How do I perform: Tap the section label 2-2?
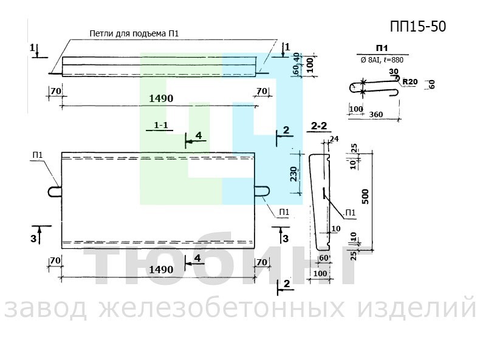pos(319,126)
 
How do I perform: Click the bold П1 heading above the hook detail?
pos(382,48)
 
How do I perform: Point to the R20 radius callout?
pos(410,82)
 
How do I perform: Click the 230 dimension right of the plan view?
pos(293,175)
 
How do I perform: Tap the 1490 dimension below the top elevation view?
pos(160,98)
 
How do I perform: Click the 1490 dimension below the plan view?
pos(160,268)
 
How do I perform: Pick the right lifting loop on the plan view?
pos(261,191)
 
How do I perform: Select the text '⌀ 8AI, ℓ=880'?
pos(382,60)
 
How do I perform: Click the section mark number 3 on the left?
pos(33,239)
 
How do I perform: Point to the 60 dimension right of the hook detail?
pos(432,84)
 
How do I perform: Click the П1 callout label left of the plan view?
pos(38,155)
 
